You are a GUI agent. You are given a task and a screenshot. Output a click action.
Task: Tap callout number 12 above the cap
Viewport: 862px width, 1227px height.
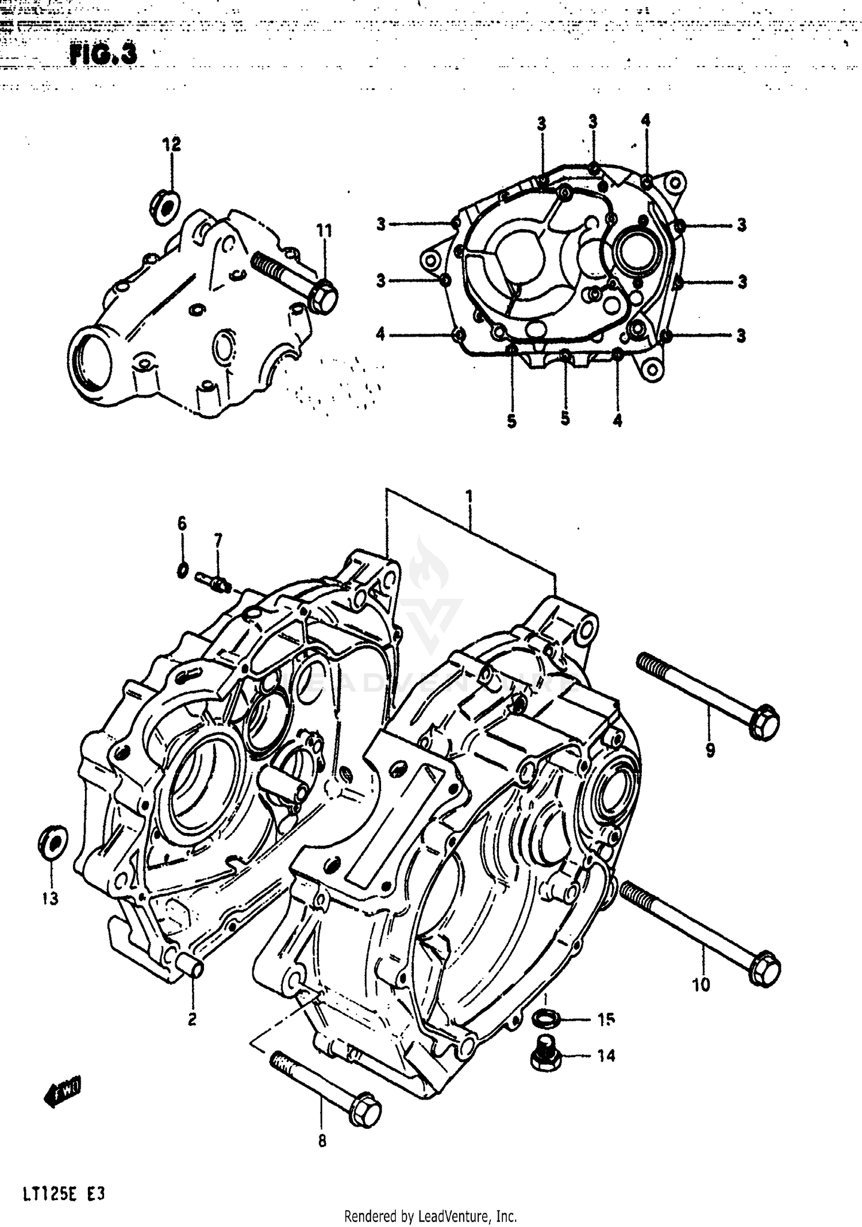tap(171, 144)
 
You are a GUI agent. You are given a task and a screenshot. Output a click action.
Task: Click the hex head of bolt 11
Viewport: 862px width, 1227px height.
tap(323, 297)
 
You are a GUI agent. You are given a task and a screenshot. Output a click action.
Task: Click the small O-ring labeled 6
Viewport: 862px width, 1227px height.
tap(182, 570)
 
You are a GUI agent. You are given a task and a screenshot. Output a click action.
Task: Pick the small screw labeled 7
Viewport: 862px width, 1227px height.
tap(214, 581)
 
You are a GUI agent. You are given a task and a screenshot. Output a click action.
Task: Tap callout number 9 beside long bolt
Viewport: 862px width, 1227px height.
tap(710, 749)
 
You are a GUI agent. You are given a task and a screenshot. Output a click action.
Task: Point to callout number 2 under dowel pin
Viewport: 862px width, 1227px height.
tap(192, 1019)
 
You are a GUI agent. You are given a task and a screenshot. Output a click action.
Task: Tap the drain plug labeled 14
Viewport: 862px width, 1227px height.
tap(541, 1055)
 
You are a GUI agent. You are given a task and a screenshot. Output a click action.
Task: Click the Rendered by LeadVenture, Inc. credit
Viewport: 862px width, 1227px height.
tap(430, 1216)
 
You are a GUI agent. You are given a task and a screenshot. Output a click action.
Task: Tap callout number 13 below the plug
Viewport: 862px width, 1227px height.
tap(50, 898)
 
